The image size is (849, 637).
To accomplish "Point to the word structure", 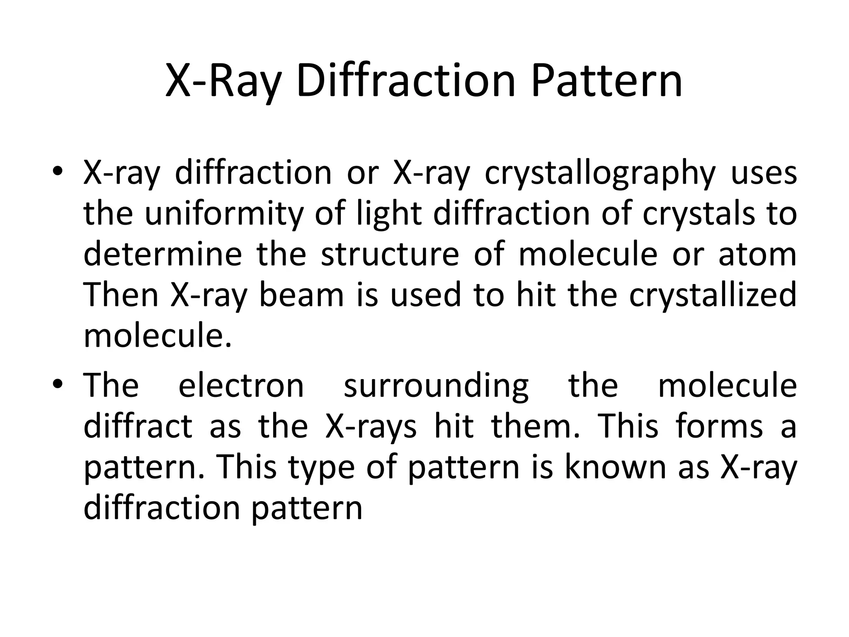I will tap(390, 254).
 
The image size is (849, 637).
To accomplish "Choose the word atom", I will tap(757, 254).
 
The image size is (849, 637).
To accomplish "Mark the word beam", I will tap(301, 295).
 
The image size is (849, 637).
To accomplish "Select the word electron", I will tap(241, 385).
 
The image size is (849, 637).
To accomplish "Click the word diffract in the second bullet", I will tap(138, 426).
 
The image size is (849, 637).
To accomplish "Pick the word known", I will tap(616, 467).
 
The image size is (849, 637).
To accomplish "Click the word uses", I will tap(764, 173).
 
